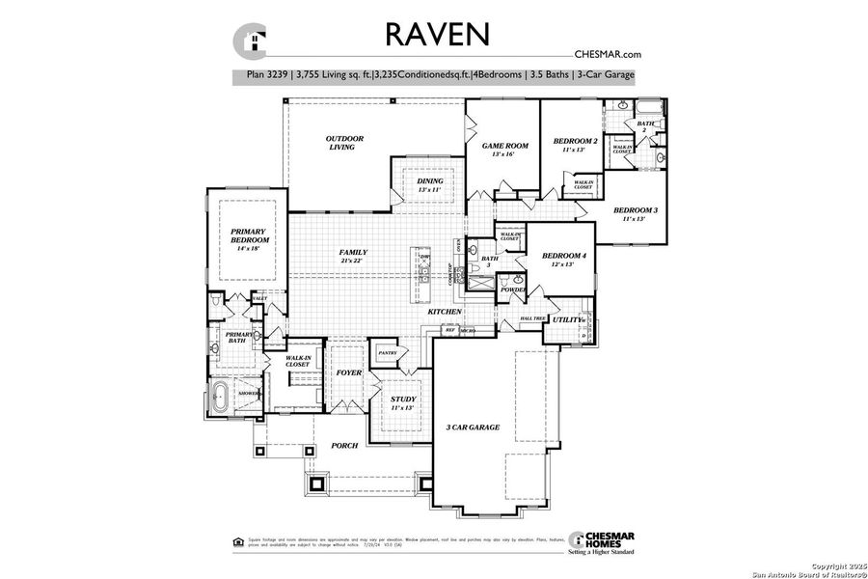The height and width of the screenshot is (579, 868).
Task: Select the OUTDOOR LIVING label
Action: coord(343,143)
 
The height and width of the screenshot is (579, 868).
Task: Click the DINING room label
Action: coord(430,181)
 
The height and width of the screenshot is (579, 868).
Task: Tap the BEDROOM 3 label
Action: coord(636,210)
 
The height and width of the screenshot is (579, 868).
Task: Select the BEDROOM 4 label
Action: coord(564,255)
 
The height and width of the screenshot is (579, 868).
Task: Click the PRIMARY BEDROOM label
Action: coord(248,236)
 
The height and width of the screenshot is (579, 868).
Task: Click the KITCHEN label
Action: coord(445,313)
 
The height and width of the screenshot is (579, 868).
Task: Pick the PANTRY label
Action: coord(388,353)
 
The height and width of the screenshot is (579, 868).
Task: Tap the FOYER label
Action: coord(347,372)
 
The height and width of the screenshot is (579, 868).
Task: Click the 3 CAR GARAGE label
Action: coord(473,427)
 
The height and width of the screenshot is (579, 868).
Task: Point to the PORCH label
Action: coord(343,445)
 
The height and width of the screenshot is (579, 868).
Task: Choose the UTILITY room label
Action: coord(568,319)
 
